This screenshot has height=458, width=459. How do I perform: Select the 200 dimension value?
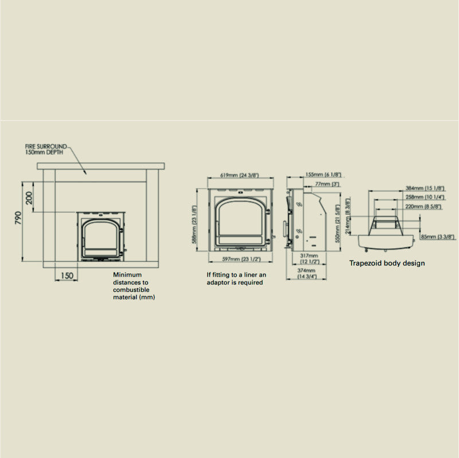(x=29, y=198)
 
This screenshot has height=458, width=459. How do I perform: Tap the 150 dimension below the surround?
(x=66, y=275)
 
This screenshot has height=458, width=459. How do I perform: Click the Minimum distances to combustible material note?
(x=134, y=286)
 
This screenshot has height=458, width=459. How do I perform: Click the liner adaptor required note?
(x=236, y=278)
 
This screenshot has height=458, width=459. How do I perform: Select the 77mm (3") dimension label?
(x=327, y=184)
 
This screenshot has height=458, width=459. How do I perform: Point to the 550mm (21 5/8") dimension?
(x=338, y=223)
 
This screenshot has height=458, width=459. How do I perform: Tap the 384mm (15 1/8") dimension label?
(x=425, y=188)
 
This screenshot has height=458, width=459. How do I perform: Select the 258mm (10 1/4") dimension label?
(x=425, y=197)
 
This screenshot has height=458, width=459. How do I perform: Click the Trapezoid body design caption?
(x=387, y=263)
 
